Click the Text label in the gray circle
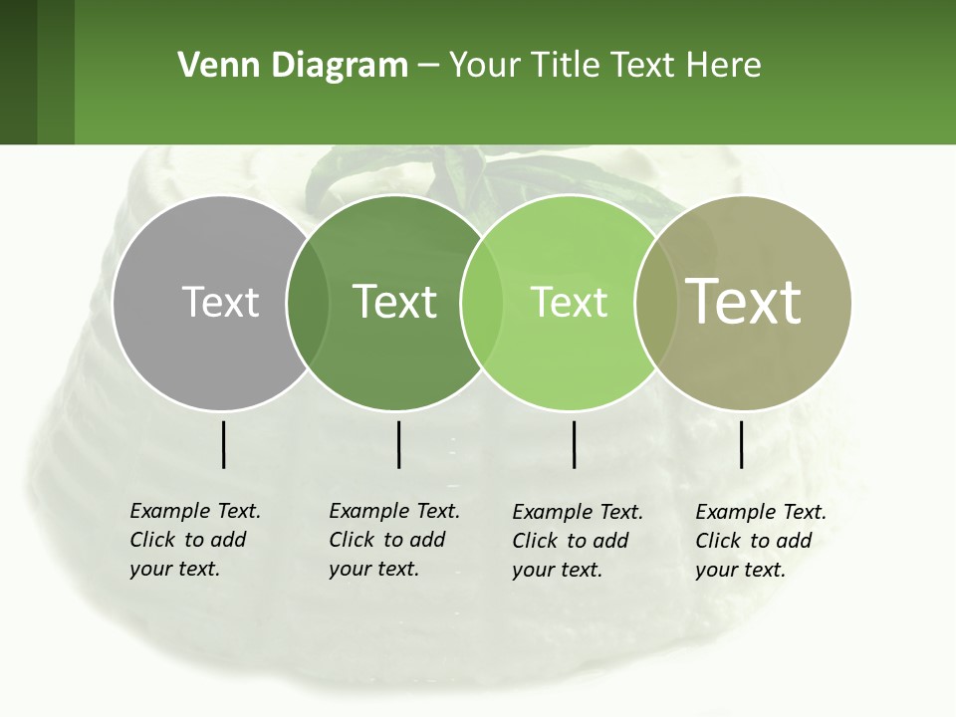(x=220, y=302)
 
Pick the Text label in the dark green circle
(x=394, y=302)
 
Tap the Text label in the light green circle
(x=569, y=302)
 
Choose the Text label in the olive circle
(x=744, y=302)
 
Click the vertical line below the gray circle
(x=223, y=444)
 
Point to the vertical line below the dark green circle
(x=398, y=444)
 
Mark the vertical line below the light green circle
(x=575, y=444)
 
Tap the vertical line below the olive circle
(x=741, y=444)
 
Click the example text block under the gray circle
(x=195, y=540)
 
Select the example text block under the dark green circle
(x=394, y=540)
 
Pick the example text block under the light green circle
(x=578, y=541)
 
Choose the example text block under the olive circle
(x=761, y=541)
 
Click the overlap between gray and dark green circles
(x=308, y=303)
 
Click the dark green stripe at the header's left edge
(x=18, y=72)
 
